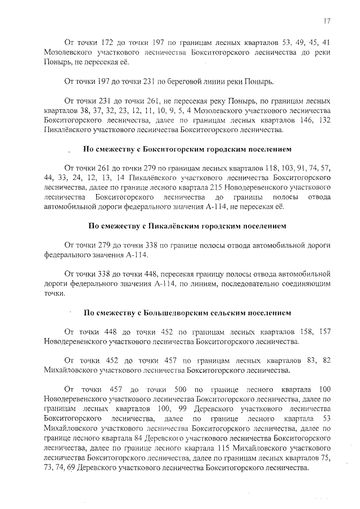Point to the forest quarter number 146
pyautogui.click(x=299, y=120)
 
